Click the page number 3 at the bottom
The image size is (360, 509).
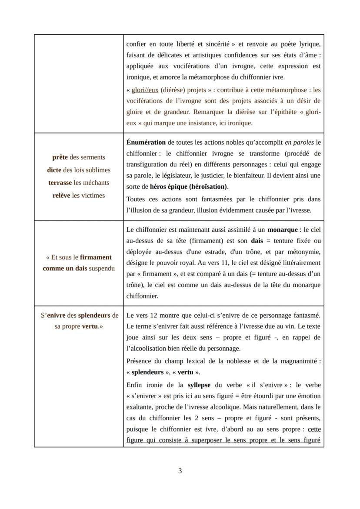[x=180, y=471]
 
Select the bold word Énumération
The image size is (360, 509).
[x=146, y=142]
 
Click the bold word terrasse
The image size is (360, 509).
[x=60, y=183]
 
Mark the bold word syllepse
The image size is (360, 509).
[x=200, y=385]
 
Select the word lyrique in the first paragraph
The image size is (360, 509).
[x=309, y=44]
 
